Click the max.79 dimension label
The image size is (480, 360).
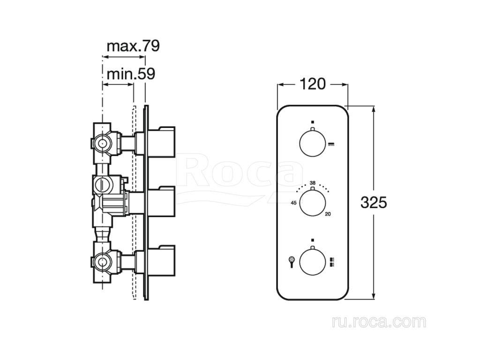click(133, 46)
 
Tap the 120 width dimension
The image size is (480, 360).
click(313, 84)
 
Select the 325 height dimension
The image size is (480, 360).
click(374, 202)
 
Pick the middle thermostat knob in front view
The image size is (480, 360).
click(312, 202)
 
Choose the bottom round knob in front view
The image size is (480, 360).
click(312, 261)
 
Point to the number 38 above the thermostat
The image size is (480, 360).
click(312, 182)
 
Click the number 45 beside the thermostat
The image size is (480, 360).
click(293, 203)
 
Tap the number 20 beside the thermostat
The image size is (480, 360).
click(328, 214)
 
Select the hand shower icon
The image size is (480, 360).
click(291, 261)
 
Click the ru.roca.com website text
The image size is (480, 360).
click(378, 322)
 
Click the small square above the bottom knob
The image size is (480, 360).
click(312, 240)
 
